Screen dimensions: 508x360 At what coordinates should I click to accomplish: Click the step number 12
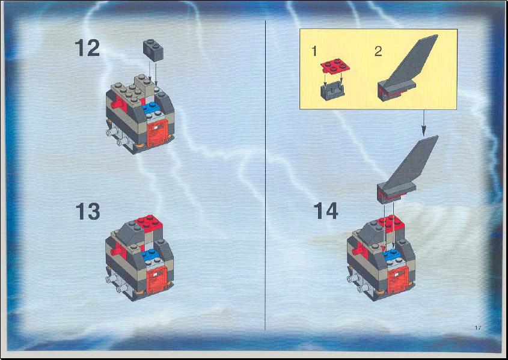[x=88, y=48]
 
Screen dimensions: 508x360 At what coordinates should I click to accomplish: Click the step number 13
[x=88, y=212]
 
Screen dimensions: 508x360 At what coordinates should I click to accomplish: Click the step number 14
[x=326, y=210]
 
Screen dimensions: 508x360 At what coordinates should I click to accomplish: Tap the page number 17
[x=478, y=328]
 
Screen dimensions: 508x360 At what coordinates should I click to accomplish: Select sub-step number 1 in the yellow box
[x=314, y=52]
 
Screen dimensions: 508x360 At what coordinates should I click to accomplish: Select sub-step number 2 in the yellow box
[x=378, y=52]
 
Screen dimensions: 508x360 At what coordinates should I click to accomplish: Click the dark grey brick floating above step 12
[x=153, y=50]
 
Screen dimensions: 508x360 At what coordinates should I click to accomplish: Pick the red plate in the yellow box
[x=335, y=66]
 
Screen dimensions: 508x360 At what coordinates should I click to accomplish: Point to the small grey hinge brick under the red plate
[x=332, y=91]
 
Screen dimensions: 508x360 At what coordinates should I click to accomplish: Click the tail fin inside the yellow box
[x=408, y=70]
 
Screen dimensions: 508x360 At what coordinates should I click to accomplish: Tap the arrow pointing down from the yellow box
[x=423, y=123]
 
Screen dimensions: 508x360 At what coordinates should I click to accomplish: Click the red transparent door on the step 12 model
[x=158, y=132]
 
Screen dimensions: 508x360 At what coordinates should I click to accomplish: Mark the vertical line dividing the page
[x=265, y=175]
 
